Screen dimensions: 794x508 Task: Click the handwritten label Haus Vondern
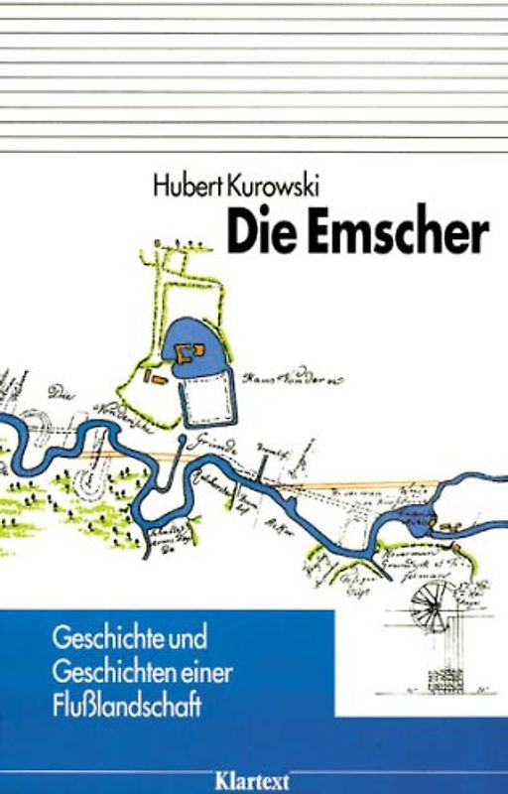[297, 376]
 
